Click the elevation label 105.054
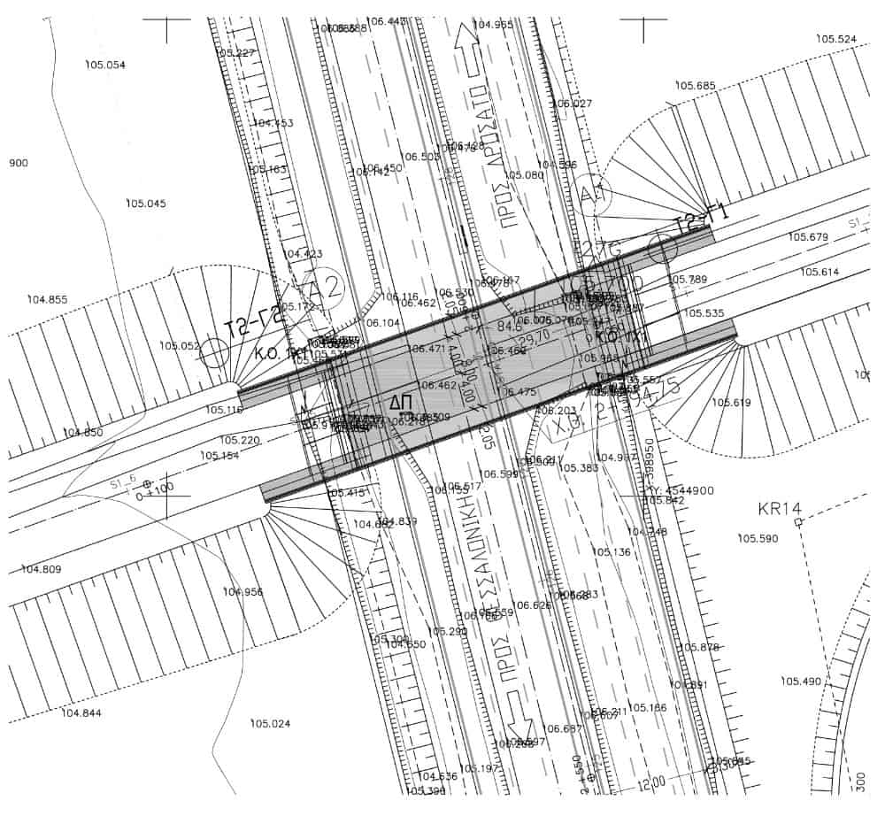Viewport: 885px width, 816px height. [104, 65]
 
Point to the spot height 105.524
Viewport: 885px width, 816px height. [836, 39]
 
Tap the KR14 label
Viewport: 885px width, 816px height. [780, 509]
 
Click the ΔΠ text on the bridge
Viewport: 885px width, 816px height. [401, 404]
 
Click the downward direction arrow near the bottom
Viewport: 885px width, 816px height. [516, 708]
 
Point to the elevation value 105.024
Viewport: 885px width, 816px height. [270, 724]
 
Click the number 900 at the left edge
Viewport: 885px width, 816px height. [18, 163]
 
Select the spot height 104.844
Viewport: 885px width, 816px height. [81, 712]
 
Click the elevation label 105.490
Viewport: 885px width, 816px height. [801, 681]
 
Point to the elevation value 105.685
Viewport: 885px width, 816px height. [695, 86]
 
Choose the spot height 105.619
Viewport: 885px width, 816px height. [731, 403]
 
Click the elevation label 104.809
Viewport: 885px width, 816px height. [42, 569]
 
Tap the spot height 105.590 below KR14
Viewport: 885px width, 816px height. [758, 538]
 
